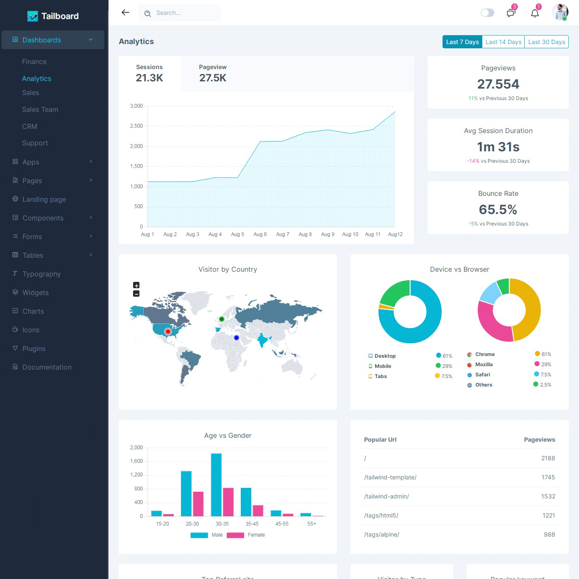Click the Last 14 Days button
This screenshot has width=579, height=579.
coord(503,42)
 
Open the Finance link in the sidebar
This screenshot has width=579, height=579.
coord(34,61)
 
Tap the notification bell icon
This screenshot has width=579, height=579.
coord(535,13)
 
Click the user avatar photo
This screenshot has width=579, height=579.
coord(560,12)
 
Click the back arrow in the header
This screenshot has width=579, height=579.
coord(125,13)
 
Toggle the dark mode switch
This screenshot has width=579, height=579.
coord(487,13)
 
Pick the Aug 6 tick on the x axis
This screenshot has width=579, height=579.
coord(260,234)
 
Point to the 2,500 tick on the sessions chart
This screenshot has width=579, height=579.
coord(136,126)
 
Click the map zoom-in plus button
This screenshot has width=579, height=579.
coord(136,285)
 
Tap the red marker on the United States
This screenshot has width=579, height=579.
coord(168,331)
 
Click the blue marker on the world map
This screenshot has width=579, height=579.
coord(237,338)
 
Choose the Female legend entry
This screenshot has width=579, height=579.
coord(256,535)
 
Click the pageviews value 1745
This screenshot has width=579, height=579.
coord(548,477)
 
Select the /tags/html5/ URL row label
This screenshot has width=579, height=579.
coord(381,515)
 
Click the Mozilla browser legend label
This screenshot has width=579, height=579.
coord(484,365)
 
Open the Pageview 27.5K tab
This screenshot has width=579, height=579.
coord(213,74)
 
